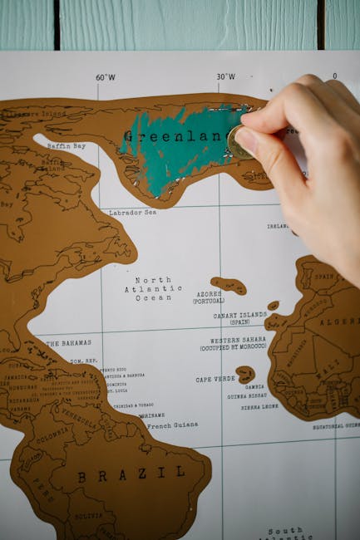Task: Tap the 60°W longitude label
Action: (106, 77)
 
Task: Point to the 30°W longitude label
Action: (225, 77)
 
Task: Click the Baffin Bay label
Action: (66, 145)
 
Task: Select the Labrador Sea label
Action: (132, 213)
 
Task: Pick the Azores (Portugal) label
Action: (208, 297)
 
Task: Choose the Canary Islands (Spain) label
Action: (240, 318)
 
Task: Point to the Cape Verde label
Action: (215, 379)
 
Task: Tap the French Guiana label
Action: (172, 425)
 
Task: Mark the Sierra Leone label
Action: (260, 407)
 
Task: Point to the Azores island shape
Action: (229, 285)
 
